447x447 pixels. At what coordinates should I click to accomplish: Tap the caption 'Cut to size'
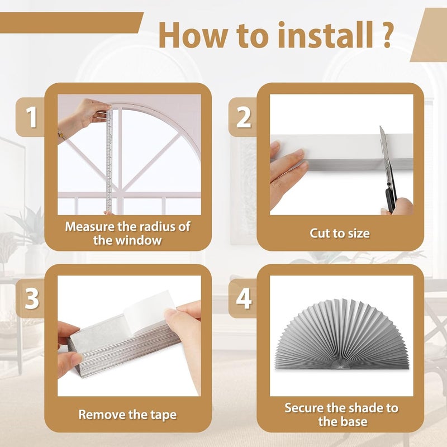click(x=340, y=233)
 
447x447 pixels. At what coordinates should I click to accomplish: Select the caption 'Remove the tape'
click(x=127, y=415)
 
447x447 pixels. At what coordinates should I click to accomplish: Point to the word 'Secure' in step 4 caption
click(x=306, y=407)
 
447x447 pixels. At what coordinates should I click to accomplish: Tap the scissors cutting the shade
click(x=387, y=168)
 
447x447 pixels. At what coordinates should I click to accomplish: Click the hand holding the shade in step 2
click(x=286, y=168)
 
